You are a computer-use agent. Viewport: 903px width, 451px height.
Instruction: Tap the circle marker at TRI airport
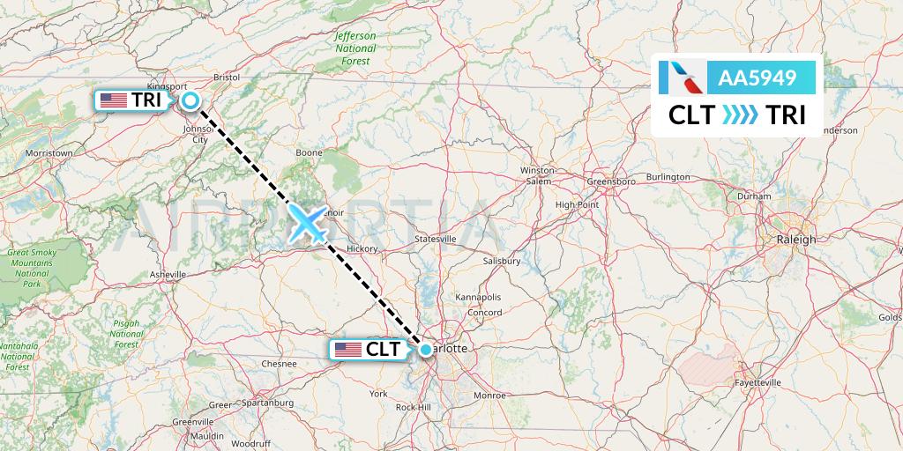(190, 101)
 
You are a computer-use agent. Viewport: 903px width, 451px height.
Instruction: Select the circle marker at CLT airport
(426, 350)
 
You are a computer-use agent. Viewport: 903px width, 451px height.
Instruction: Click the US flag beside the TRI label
(114, 100)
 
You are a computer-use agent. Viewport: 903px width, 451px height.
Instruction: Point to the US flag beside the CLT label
(348, 350)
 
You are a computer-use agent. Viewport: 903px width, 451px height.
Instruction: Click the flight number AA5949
(757, 78)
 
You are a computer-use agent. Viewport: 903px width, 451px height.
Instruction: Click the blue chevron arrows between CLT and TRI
(740, 115)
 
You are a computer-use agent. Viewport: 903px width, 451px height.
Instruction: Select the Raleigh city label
(796, 240)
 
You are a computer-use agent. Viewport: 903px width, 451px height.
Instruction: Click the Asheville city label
(168, 275)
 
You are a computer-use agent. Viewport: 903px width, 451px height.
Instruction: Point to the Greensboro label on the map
(612, 181)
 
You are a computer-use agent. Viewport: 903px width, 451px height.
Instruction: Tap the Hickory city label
(362, 249)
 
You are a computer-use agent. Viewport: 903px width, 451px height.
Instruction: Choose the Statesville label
(436, 239)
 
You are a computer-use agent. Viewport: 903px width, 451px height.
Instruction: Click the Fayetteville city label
(757, 383)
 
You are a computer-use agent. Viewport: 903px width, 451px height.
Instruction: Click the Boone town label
(309, 152)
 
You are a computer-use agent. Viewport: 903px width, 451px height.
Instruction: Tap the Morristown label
(49, 153)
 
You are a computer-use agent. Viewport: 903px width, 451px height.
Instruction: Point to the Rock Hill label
(413, 407)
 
